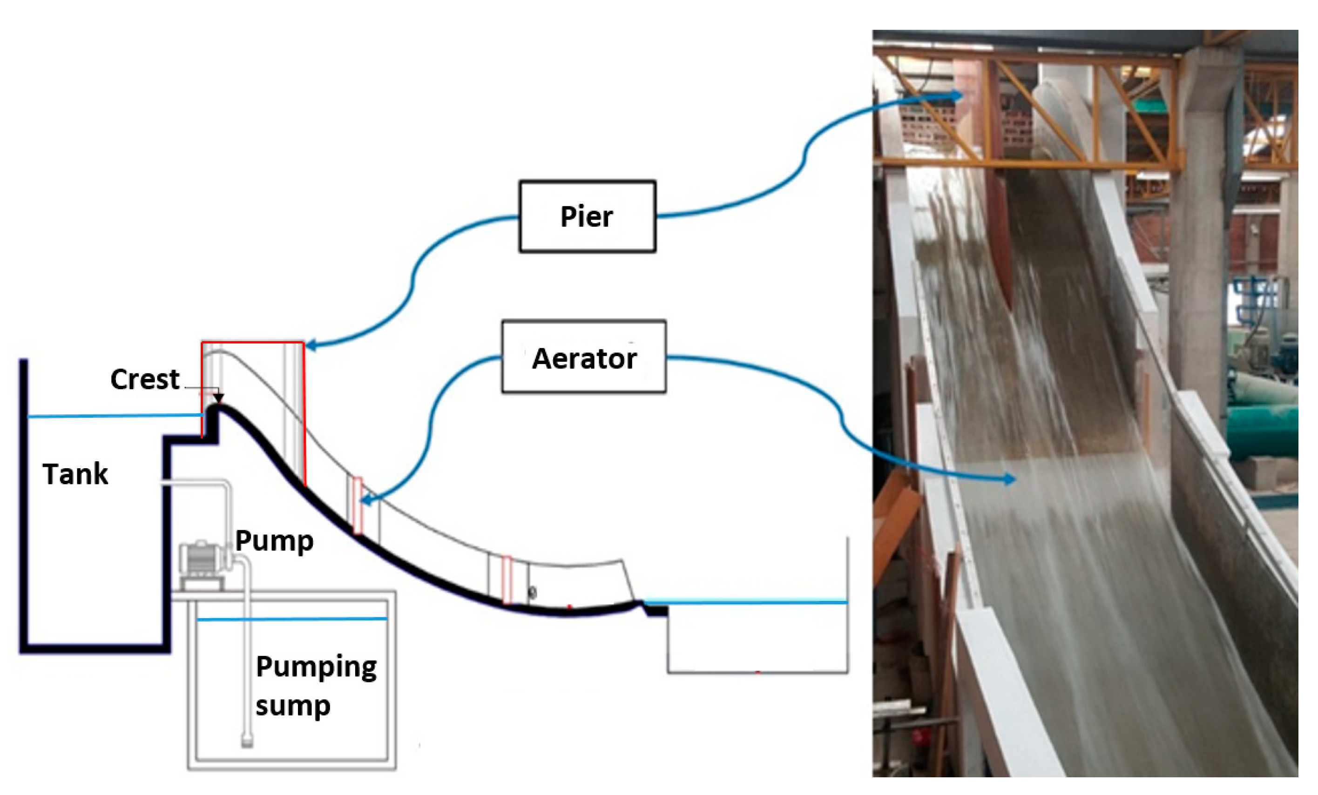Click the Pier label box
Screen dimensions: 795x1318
coord(587,216)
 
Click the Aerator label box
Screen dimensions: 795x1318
coord(583,357)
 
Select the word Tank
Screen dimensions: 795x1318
coord(75,474)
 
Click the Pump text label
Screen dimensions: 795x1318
coord(274,541)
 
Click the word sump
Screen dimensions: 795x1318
coord(292,706)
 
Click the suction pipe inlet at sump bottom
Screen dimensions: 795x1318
coord(247,741)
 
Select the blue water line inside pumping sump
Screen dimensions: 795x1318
coord(291,619)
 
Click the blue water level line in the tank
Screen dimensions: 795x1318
coord(112,415)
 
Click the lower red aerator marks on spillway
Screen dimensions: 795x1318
coord(507,580)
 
